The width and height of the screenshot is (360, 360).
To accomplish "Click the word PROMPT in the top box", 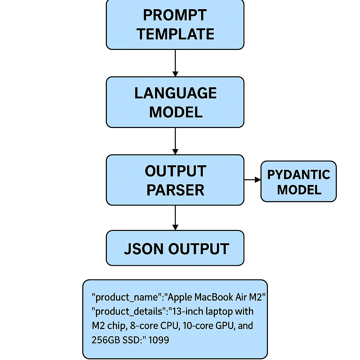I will (175, 15).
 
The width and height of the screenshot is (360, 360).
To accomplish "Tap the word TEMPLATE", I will (175, 34).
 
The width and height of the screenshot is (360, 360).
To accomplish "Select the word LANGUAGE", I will (175, 93).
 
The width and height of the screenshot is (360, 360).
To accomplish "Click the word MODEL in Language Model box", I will (175, 112).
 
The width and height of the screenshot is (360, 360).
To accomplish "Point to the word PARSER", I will (175, 190).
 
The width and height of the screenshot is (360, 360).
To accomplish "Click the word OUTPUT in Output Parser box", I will (175, 171).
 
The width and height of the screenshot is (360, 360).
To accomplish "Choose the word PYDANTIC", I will (298, 175).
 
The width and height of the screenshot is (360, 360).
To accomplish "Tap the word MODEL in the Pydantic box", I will (299, 190).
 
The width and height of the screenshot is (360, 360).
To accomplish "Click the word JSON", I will (144, 249).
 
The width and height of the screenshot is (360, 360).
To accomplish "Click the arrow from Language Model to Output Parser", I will (175, 141).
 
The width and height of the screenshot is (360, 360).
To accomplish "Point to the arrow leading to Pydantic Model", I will (252, 180).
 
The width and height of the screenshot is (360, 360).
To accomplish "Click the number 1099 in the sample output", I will (159, 340).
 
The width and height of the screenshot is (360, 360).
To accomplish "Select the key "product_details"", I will (129, 311).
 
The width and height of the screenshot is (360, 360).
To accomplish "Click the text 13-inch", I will (186, 311).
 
